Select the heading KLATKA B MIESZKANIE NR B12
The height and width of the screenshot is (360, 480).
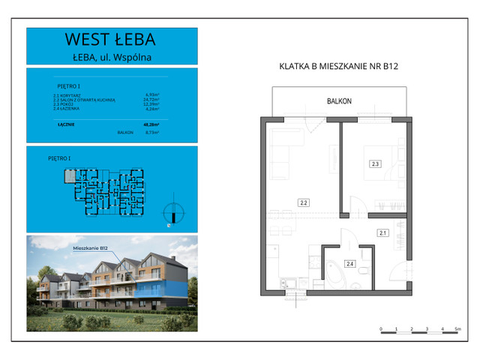coord(337,67)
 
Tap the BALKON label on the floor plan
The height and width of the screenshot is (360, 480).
coord(339,100)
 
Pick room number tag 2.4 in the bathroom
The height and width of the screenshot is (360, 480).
coord(349,263)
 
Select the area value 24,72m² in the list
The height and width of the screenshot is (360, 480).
coord(152,99)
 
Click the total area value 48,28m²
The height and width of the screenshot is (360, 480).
coord(153,124)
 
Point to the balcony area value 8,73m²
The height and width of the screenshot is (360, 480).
coord(153,132)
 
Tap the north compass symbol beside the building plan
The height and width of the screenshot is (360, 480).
coord(172,211)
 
